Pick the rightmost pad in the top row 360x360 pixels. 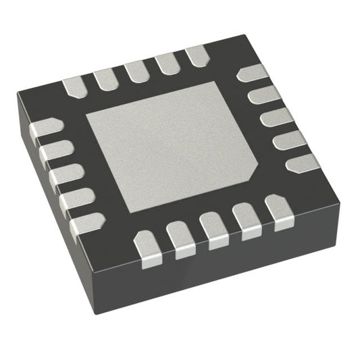tap(197, 55)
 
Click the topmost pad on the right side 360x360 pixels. tap(251, 72)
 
